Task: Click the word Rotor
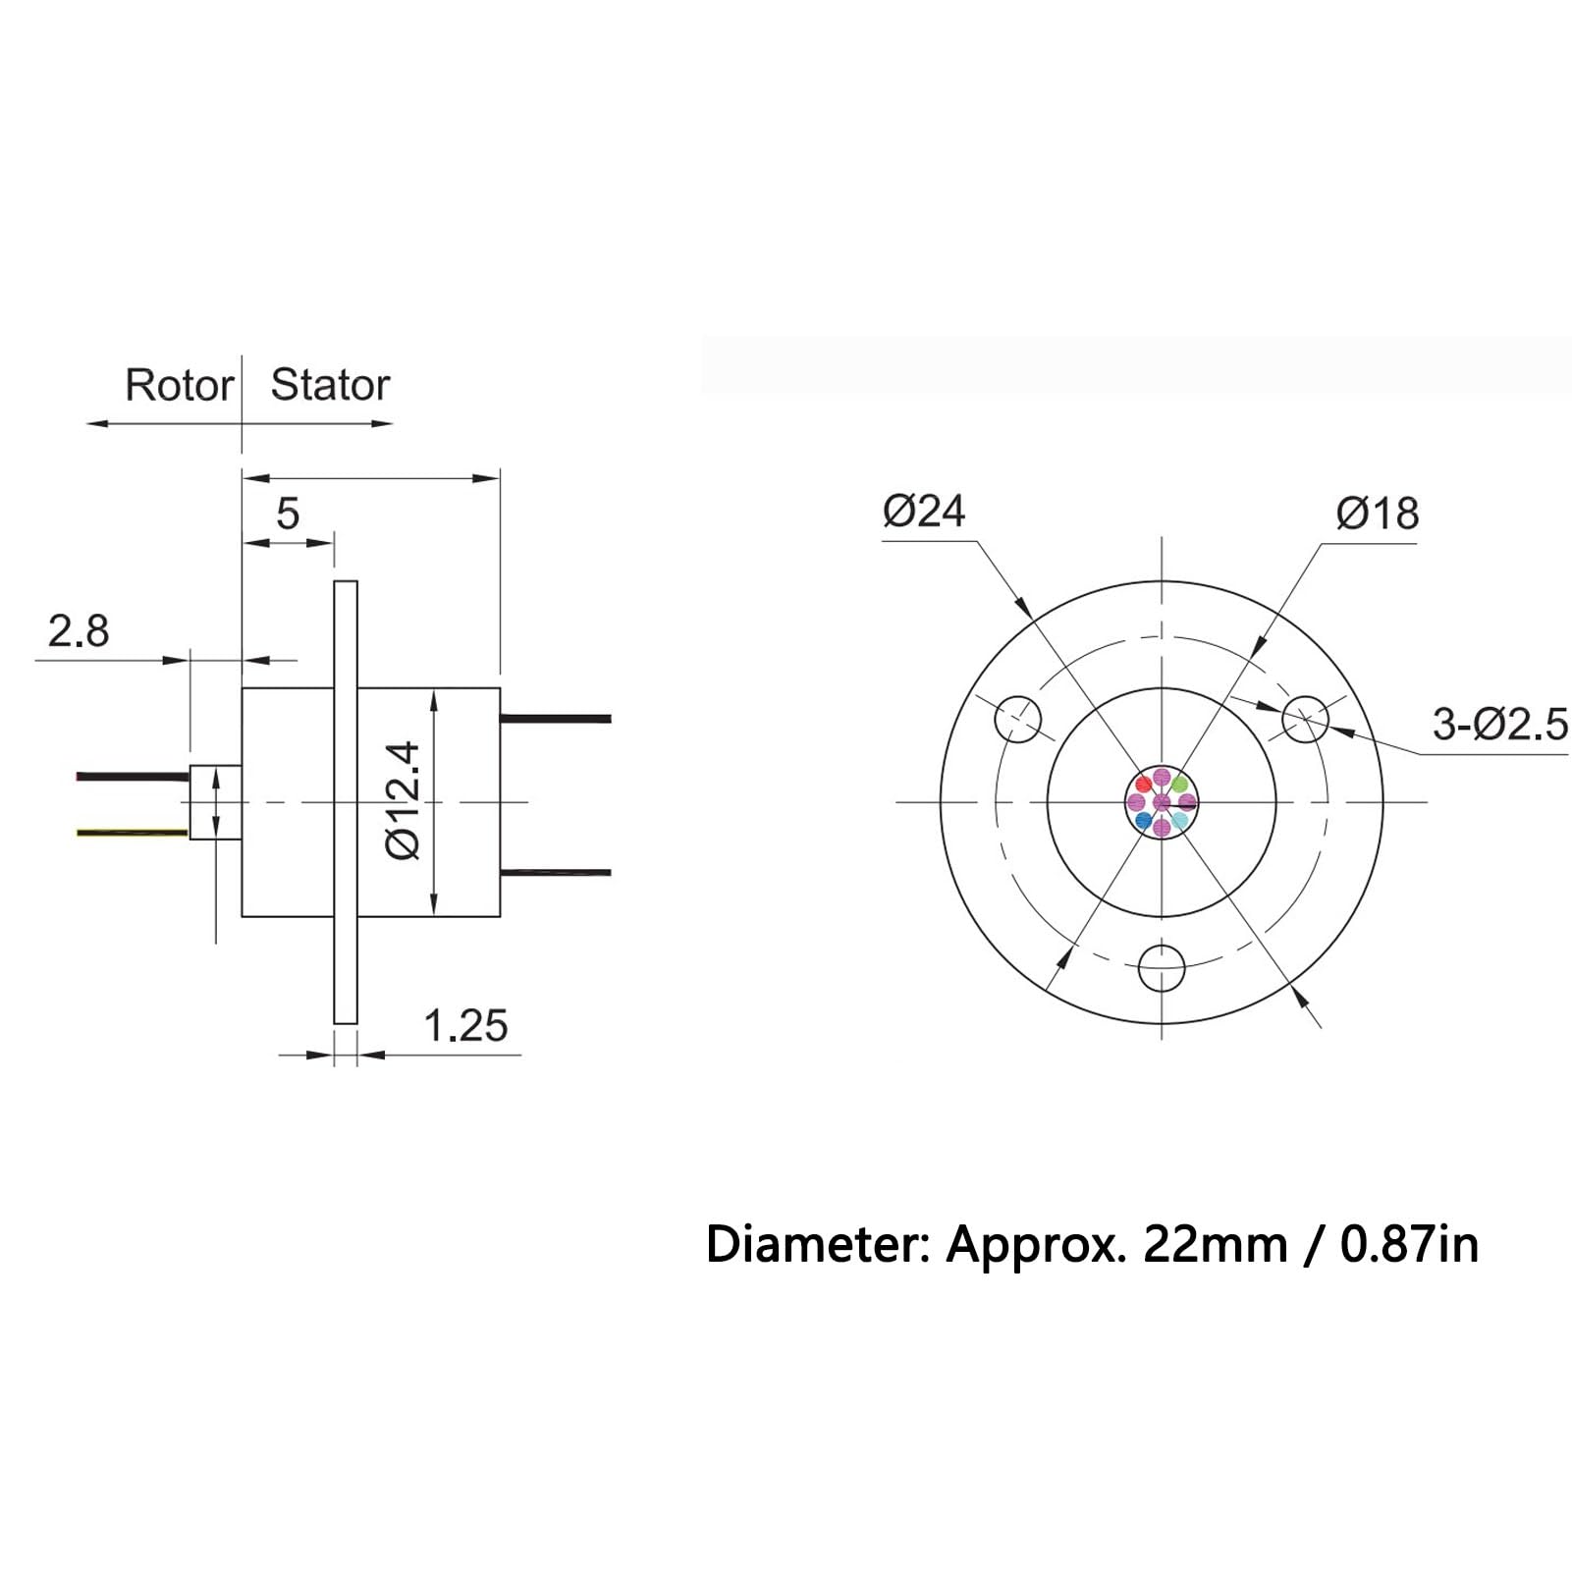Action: point(179,385)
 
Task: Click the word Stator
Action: point(330,385)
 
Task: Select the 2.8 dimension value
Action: point(79,631)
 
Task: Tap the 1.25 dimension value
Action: point(465,1026)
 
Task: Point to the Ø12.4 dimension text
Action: point(403,801)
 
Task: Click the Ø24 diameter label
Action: point(924,511)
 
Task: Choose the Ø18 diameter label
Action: point(1378,514)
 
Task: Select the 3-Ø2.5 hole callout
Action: point(1500,725)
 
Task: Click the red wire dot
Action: point(1144,785)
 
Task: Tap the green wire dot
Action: point(1179,785)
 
